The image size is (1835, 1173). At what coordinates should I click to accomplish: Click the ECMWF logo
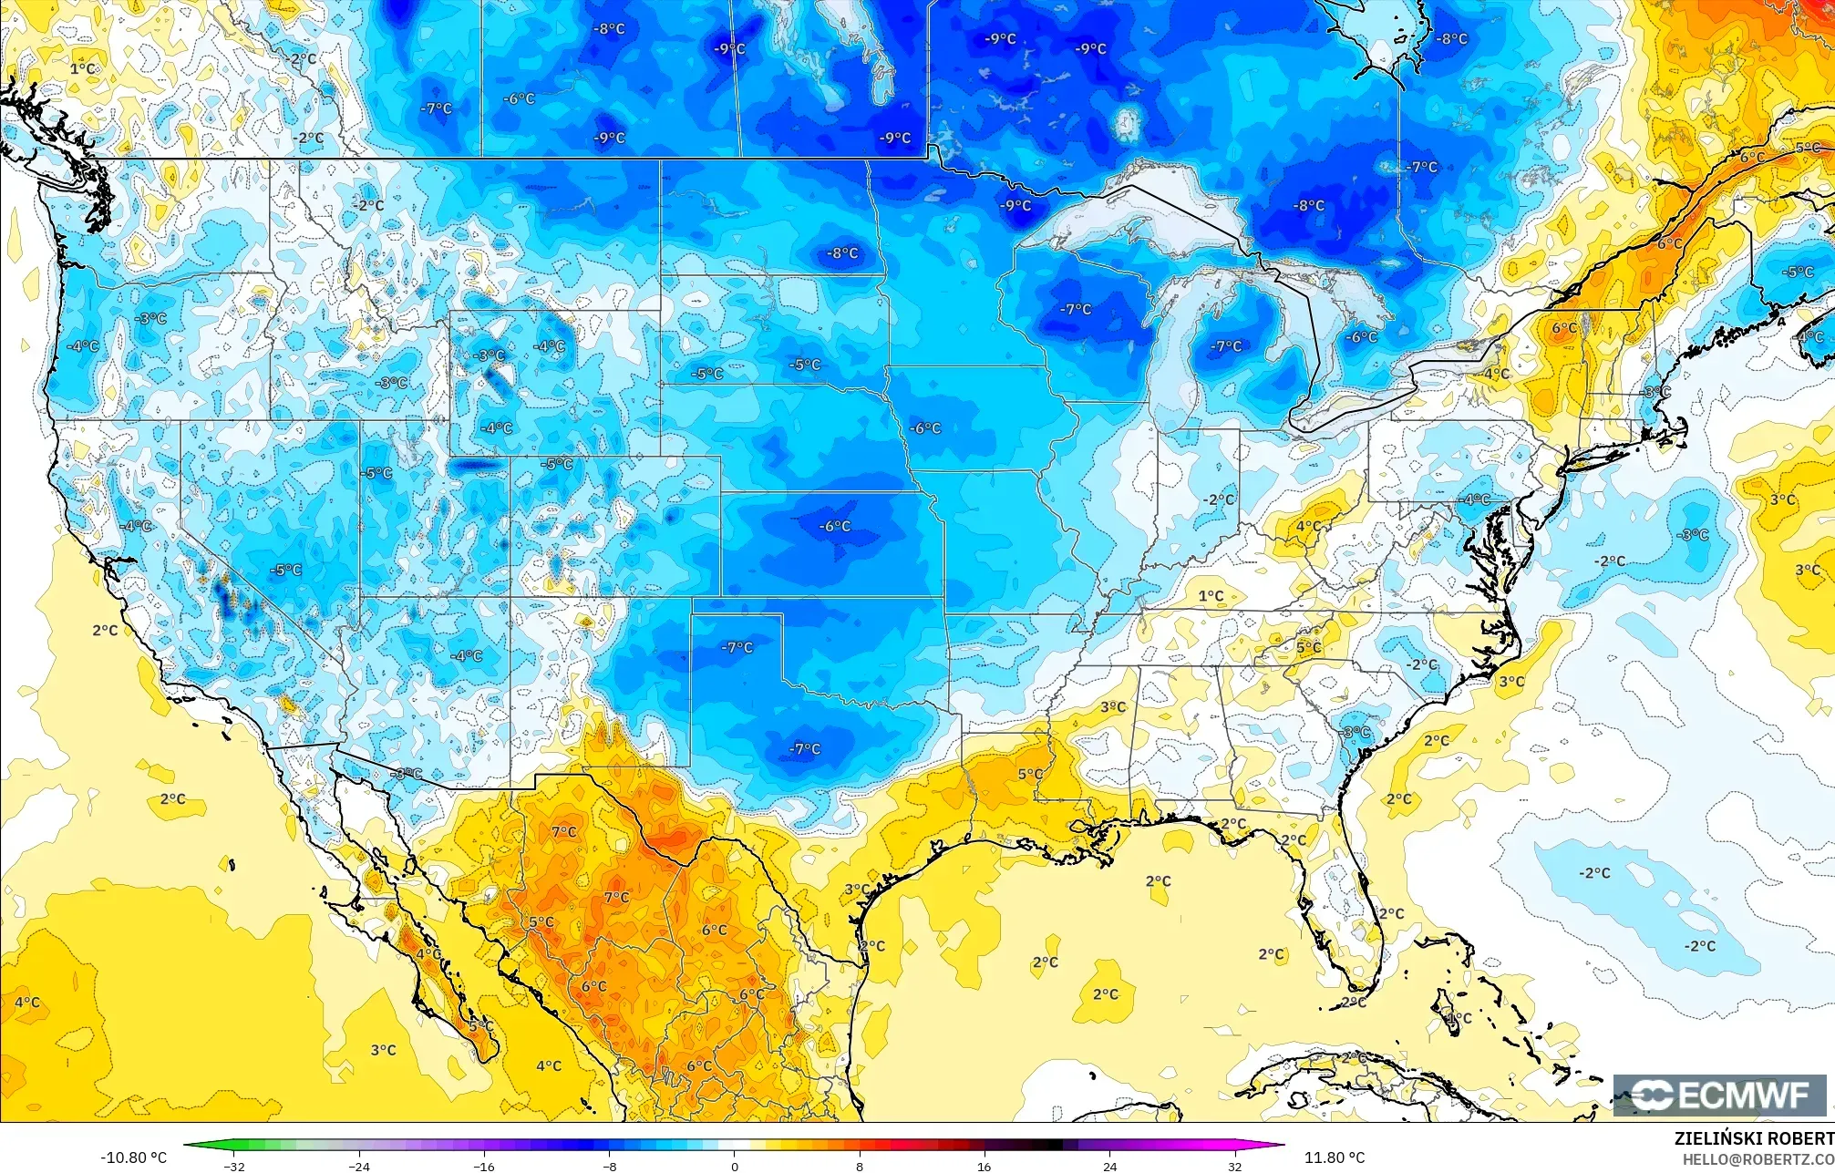coord(1719,1095)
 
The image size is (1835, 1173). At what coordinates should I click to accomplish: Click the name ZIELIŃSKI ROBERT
coord(1753,1138)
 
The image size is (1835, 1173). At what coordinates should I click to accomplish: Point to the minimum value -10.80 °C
coord(133,1158)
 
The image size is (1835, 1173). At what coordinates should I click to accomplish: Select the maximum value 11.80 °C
coord(1335,1158)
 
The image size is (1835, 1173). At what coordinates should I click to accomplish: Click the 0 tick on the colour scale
coord(735,1166)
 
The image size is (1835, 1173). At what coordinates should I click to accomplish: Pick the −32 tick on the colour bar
coord(234,1166)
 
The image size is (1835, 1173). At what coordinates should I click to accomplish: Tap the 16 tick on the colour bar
coord(984,1166)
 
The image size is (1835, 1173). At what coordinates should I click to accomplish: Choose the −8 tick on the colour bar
coord(609,1166)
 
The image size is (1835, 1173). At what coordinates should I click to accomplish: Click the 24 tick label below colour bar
coord(1109,1166)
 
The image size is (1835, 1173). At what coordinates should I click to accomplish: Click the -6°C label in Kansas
coord(835,526)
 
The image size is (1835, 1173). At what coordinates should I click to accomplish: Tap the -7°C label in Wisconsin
coord(1076,309)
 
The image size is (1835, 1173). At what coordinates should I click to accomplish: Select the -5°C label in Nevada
coord(286,570)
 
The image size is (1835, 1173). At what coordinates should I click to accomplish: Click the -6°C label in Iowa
coord(925,427)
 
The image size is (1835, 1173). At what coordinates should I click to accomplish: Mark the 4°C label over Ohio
coord(1308,526)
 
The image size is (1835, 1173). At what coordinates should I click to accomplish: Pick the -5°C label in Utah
coord(377,473)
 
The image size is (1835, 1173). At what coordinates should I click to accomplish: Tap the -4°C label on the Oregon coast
coord(83,345)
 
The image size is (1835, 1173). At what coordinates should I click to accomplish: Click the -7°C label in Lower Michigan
coord(1227,345)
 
